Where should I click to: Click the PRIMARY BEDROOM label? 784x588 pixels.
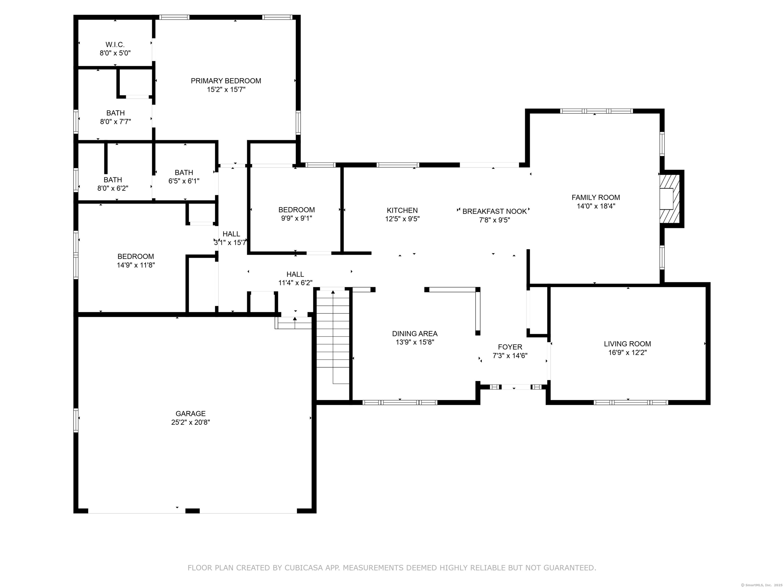[x=226, y=81]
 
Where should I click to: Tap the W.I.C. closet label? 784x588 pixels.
[x=115, y=45]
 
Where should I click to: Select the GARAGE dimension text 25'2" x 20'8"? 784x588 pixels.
[x=191, y=422]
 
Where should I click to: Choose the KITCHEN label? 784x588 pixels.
[x=402, y=211]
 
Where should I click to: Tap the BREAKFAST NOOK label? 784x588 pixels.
[x=494, y=211]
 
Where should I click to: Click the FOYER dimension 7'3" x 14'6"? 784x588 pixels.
[x=510, y=356]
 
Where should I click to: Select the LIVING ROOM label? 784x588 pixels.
[x=627, y=344]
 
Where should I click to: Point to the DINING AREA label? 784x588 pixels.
[x=415, y=334]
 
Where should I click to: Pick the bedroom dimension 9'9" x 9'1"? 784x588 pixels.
[x=297, y=218]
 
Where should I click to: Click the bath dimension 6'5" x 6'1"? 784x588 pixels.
[x=184, y=181]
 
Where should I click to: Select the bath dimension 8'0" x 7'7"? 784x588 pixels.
[x=116, y=121]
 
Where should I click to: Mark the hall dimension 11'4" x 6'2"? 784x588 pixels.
[x=295, y=283]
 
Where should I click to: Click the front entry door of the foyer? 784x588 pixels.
[x=516, y=387]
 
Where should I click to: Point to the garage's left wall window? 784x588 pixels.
[x=76, y=420]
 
